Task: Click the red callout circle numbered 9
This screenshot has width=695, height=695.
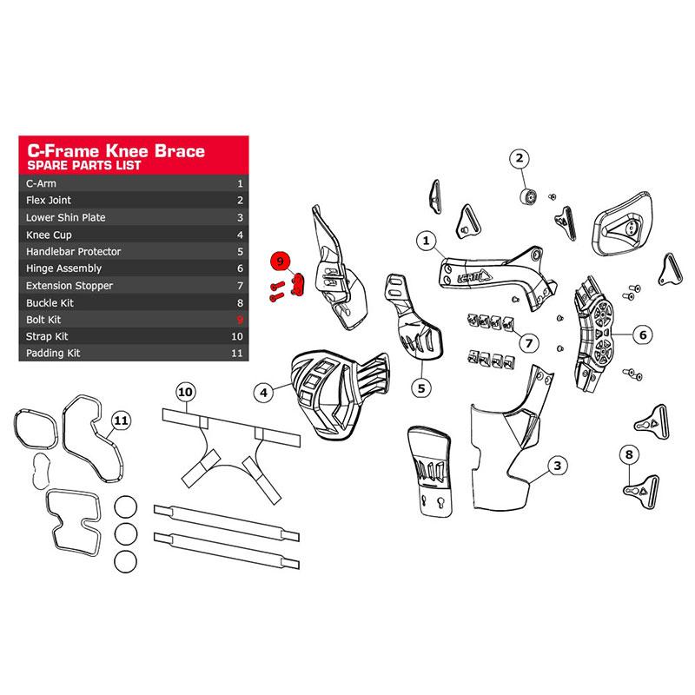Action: [280, 261]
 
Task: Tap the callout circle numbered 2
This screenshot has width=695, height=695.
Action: [520, 159]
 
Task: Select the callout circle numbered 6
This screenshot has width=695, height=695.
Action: [643, 334]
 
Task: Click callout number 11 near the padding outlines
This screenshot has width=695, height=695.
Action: [121, 420]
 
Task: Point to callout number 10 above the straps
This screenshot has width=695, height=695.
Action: [185, 392]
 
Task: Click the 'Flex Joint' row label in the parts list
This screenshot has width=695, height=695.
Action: [49, 201]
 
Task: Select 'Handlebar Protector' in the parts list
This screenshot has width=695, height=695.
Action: [73, 252]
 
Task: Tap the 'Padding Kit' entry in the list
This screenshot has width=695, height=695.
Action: [53, 354]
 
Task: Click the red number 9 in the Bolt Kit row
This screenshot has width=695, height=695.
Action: [241, 320]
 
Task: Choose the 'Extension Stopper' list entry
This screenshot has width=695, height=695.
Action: [69, 286]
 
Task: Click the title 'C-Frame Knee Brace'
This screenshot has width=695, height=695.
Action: [116, 150]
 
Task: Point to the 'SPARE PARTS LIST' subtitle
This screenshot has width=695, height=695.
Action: [83, 165]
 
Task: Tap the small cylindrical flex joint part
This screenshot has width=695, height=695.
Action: [528, 196]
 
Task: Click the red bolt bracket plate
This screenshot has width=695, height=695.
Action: [298, 285]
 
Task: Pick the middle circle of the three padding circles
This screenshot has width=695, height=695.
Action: [125, 534]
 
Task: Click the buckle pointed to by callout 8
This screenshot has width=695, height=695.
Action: [642, 491]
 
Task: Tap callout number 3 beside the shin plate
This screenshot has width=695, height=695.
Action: [557, 466]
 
